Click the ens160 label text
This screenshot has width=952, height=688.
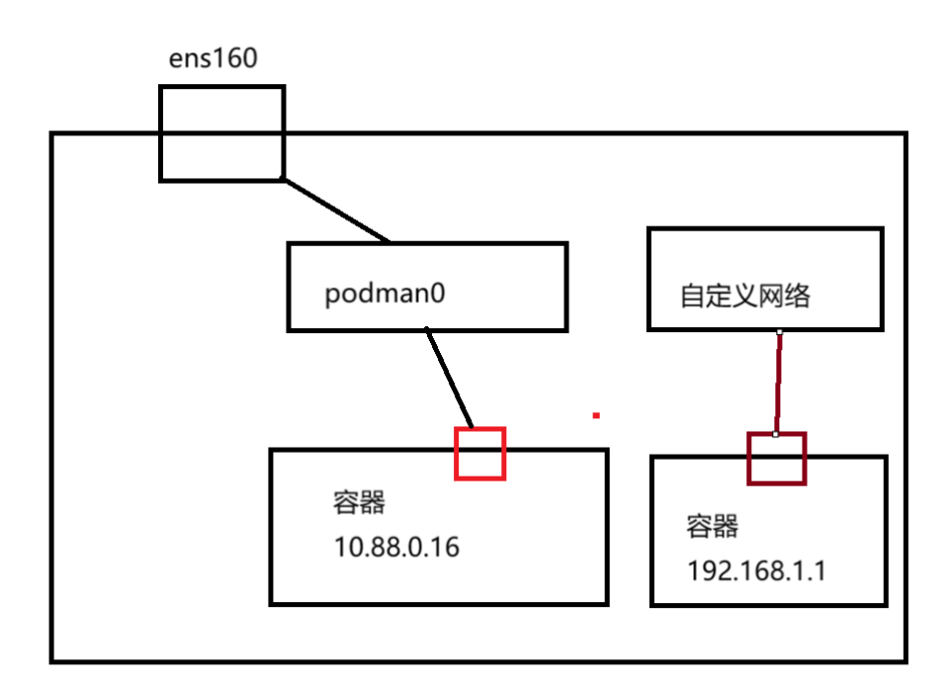click(x=214, y=58)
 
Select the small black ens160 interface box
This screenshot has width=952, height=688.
click(x=221, y=133)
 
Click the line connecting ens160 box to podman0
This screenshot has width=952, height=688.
click(x=336, y=211)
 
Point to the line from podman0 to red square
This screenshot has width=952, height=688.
click(x=450, y=379)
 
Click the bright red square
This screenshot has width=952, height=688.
click(x=479, y=454)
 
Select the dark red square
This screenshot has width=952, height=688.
click(x=776, y=460)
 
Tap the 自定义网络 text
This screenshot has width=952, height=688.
click(x=743, y=296)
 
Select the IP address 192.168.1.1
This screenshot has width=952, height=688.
click(x=755, y=571)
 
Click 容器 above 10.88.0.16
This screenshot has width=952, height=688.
click(x=358, y=504)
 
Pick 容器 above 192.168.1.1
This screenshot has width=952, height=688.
click(x=712, y=526)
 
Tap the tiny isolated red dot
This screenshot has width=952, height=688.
click(x=596, y=416)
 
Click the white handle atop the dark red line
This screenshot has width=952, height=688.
click(x=780, y=332)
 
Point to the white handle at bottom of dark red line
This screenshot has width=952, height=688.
click(x=776, y=434)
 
